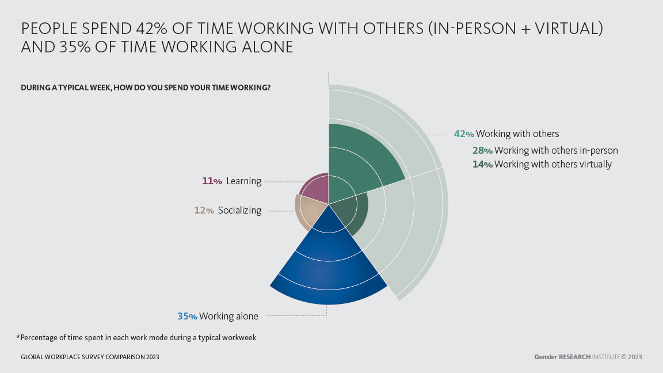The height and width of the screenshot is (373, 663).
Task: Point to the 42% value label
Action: tap(464, 134)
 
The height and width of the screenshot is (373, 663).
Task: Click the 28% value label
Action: tap(482, 151)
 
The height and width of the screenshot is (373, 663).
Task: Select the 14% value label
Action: tap(482, 165)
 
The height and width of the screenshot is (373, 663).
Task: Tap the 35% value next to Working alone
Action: tap(188, 316)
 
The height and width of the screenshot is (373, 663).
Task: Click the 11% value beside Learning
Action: tap(212, 181)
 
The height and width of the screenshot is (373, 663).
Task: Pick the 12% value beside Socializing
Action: tap(204, 211)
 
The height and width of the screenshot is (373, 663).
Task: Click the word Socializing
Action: tap(239, 211)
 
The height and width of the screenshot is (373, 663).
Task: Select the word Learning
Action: tap(243, 181)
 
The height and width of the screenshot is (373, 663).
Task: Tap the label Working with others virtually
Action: tap(552, 165)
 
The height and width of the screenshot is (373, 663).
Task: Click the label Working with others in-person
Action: tap(556, 151)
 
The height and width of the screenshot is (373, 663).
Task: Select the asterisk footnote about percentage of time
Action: tap(136, 338)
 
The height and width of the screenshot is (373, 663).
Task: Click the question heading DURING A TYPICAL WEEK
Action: tap(146, 88)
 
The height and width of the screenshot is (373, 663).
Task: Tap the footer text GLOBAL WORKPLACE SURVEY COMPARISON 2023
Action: tap(90, 357)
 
